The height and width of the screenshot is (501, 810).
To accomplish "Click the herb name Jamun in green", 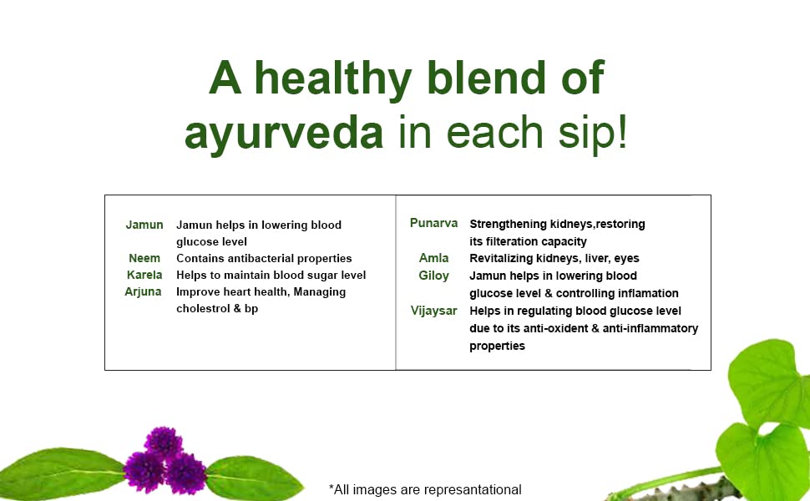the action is (x=144, y=225).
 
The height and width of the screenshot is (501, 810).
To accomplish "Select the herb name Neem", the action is (x=144, y=258).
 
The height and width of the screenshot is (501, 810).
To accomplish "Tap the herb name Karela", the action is (x=144, y=275).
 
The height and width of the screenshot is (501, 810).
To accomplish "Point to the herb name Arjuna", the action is (x=143, y=292).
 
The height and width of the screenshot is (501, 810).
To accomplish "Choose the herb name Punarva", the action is (x=433, y=223).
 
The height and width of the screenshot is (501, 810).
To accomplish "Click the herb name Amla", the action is (x=433, y=258).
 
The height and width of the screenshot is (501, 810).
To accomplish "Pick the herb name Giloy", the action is (x=433, y=276).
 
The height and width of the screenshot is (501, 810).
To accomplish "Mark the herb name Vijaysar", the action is (x=433, y=311).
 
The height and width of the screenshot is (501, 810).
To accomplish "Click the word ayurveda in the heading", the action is (x=284, y=134).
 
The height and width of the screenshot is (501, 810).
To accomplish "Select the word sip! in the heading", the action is (x=592, y=133).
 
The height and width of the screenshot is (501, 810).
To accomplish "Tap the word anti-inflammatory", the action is (x=651, y=328).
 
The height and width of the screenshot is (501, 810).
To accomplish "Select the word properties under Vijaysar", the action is (x=497, y=347).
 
